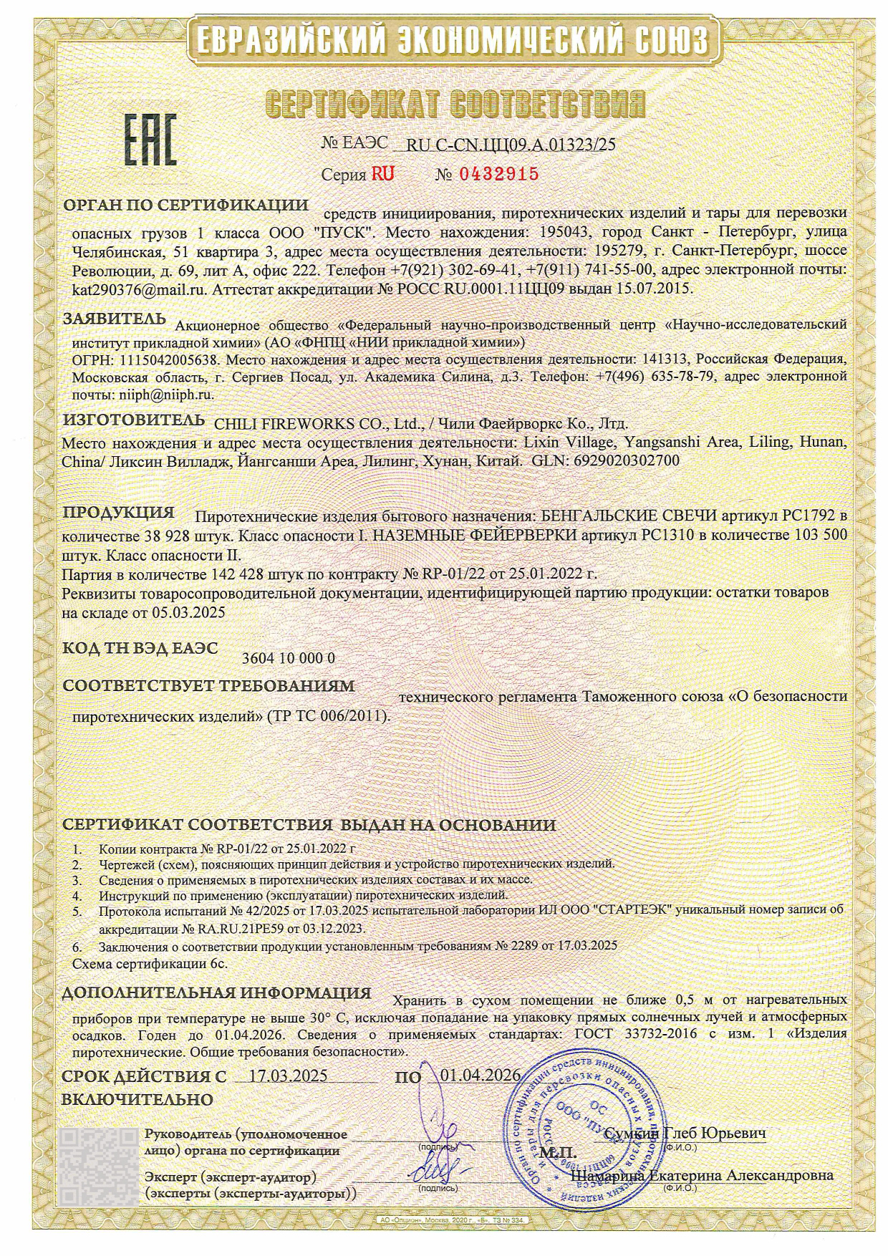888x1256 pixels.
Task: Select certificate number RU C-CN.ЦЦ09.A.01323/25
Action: tap(511, 145)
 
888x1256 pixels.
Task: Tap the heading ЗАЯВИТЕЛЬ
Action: tap(115, 319)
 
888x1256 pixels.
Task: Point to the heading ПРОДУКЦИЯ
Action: tap(119, 513)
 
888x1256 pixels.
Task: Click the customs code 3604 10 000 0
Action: tap(289, 659)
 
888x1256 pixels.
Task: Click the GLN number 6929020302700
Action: tap(624, 460)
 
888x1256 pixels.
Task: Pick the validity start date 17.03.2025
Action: tap(286, 1076)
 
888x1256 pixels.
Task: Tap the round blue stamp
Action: tap(587, 1131)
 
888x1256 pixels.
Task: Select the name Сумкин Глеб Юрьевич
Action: tap(685, 1134)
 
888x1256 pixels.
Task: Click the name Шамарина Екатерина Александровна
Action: tap(702, 1176)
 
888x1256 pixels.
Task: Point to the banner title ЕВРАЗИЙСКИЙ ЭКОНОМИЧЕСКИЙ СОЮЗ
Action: tap(444, 39)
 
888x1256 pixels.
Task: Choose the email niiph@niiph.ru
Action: tap(164, 393)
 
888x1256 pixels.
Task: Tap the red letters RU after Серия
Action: tap(382, 174)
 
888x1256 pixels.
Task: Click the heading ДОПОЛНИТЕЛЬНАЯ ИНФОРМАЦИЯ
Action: tap(216, 994)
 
